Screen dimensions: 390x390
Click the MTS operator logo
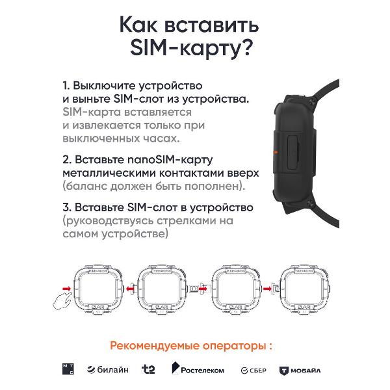[68, 369]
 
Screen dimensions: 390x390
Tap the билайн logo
[108, 370]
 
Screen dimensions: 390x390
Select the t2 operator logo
[148, 369]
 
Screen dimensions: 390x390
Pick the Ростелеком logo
[198, 369]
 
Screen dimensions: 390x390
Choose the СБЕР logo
[253, 370]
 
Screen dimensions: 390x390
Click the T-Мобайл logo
[300, 371]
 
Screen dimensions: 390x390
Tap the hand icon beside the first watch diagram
[62, 301]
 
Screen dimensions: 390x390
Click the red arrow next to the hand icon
[67, 289]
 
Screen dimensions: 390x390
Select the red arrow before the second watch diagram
[130, 289]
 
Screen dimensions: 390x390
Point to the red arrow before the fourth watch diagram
[267, 289]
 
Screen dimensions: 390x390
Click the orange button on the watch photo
[275, 151]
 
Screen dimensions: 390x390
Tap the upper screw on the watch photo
[312, 101]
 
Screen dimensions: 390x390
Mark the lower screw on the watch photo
[310, 203]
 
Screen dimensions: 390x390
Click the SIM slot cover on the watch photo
[293, 153]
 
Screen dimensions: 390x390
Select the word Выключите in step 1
[104, 86]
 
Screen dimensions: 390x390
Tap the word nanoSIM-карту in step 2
[170, 160]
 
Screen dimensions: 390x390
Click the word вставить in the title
[212, 25]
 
